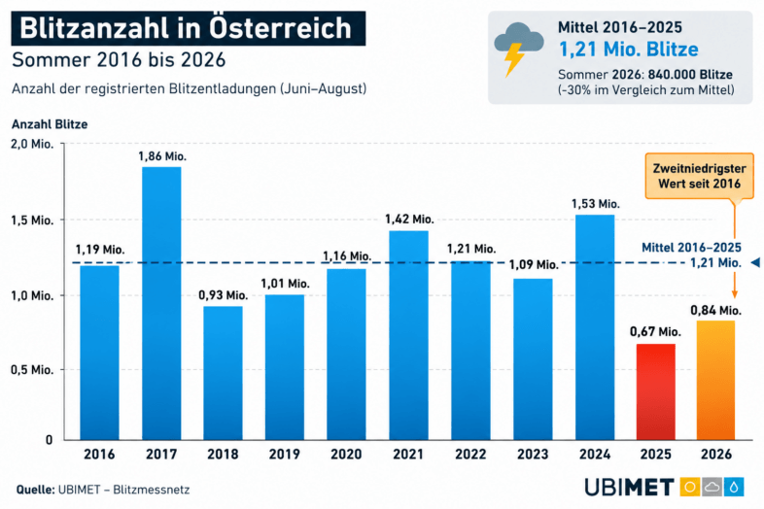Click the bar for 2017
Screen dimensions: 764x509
click(161, 303)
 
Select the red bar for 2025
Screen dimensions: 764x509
click(656, 392)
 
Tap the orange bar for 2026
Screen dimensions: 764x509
click(715, 381)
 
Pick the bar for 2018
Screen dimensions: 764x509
click(223, 373)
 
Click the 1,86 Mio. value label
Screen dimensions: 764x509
click(162, 156)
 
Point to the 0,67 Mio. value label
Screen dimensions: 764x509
click(655, 331)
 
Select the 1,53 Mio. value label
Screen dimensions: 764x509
click(596, 204)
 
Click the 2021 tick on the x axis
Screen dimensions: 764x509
click(408, 455)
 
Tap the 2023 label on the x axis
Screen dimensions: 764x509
click(533, 455)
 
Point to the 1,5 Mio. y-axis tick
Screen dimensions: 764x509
click(32, 221)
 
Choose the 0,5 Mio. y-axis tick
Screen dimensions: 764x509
click(32, 370)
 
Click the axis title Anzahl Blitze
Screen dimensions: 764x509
click(50, 124)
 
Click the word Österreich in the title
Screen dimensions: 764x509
click(280, 28)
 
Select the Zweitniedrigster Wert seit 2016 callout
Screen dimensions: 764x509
click(699, 176)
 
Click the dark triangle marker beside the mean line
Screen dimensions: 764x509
click(755, 262)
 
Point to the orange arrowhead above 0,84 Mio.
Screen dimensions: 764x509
click(735, 294)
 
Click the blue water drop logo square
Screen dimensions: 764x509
click(734, 487)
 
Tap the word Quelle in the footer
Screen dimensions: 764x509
click(35, 490)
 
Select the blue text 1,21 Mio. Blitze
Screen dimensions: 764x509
click(629, 50)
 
